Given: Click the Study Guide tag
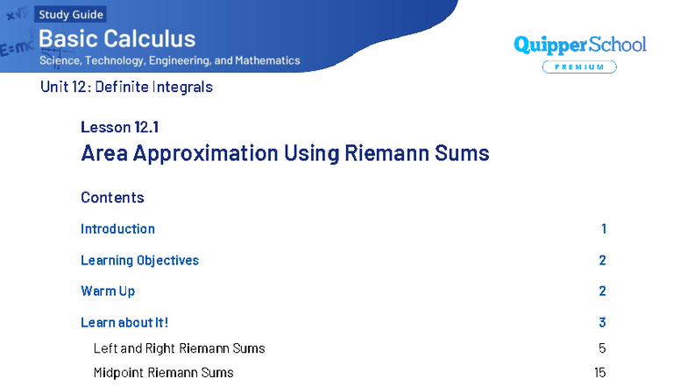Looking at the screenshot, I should (x=71, y=15).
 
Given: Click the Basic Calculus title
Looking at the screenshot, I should (x=117, y=39).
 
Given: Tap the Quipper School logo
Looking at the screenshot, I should (x=579, y=45).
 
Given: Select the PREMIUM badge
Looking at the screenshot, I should (x=579, y=67).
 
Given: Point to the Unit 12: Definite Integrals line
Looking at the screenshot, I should (x=126, y=87).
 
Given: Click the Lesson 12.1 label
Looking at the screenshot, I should (x=119, y=127).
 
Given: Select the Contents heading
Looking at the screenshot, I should (x=112, y=198).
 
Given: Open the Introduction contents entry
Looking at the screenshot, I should (x=117, y=229).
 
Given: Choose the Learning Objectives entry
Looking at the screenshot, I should (x=139, y=261).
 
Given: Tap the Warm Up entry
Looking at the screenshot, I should (x=108, y=291).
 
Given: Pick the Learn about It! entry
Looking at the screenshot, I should (x=124, y=323).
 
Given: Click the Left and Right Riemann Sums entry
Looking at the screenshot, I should (x=179, y=348).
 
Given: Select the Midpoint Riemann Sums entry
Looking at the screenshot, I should (x=164, y=373).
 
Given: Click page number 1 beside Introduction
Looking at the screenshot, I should (x=604, y=229).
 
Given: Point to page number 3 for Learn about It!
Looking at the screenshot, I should (x=603, y=323).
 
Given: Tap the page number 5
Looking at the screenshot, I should (x=602, y=348).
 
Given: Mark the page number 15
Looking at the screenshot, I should (x=600, y=373).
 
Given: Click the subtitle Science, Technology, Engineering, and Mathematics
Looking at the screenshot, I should (x=169, y=61).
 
